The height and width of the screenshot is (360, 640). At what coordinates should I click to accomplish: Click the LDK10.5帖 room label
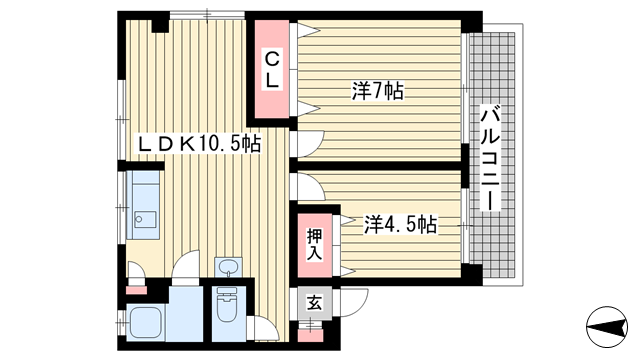click(x=199, y=144)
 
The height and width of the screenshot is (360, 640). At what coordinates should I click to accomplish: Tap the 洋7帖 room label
click(x=378, y=91)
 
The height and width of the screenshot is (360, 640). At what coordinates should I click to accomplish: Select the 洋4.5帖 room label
click(x=400, y=224)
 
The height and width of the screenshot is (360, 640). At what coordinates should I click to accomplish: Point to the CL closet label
click(x=272, y=69)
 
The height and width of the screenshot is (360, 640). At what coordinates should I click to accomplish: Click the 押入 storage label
click(x=315, y=244)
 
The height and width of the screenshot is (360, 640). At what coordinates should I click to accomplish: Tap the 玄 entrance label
click(x=314, y=303)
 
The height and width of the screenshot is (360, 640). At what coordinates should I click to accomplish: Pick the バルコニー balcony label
click(x=490, y=158)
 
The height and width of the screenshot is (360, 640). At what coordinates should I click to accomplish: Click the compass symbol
click(x=607, y=327)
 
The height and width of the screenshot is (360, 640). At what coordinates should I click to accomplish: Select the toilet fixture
click(x=227, y=305)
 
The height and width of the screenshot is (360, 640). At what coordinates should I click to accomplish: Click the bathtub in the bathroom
click(x=146, y=322)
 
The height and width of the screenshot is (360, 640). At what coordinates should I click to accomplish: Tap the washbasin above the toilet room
click(x=228, y=267)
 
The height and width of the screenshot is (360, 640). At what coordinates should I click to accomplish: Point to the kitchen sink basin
click(x=145, y=220)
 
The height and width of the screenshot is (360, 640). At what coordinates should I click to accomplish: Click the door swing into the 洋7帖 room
click(x=309, y=143)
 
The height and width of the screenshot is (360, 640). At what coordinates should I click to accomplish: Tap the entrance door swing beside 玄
click(x=353, y=302)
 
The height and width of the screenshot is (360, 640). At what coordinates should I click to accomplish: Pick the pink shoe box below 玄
click(x=310, y=335)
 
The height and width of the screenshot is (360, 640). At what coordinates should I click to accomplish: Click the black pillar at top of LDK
click(x=160, y=23)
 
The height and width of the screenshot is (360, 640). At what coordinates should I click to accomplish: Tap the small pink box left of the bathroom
click(x=136, y=290)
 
